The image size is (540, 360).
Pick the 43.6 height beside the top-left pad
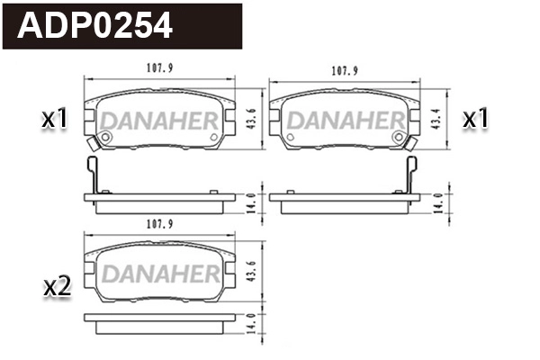[251, 117]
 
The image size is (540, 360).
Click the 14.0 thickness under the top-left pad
[251, 200]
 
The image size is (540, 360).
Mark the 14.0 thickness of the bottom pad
[251, 322]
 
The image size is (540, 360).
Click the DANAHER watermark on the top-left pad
[158, 120]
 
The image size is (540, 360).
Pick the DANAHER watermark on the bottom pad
[158, 274]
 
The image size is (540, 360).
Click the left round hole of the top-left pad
[104, 137]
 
